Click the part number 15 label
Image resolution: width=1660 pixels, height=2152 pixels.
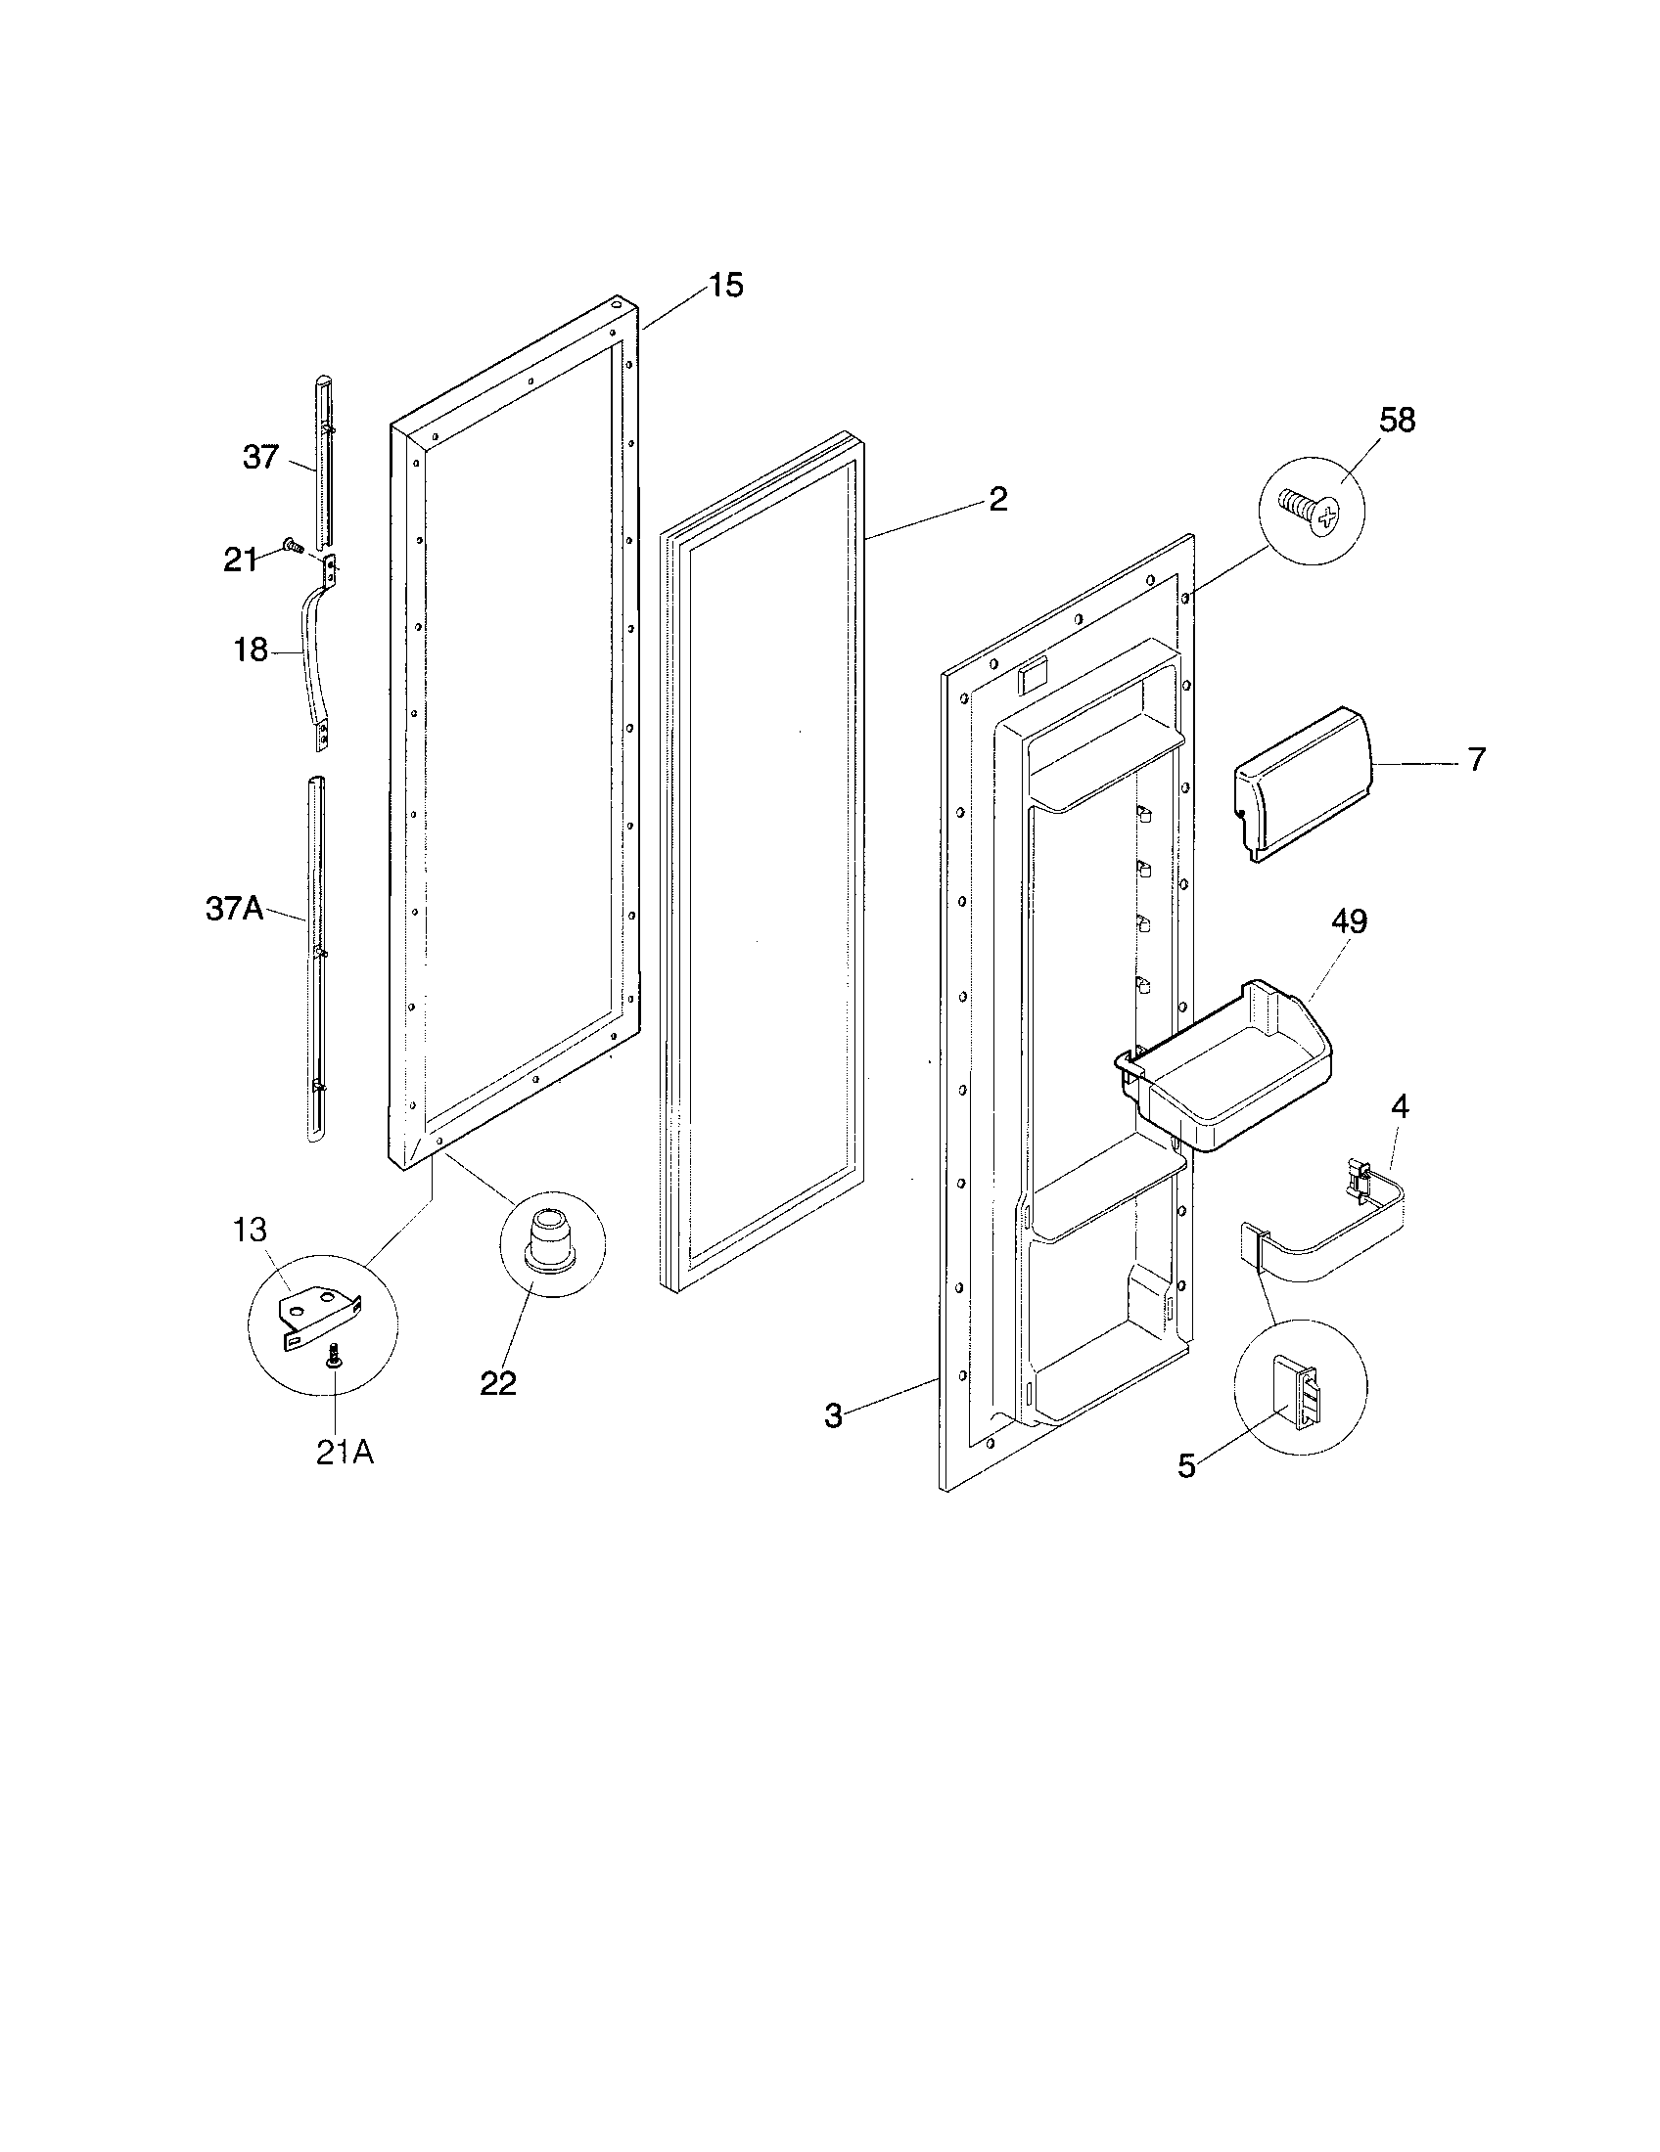click(724, 286)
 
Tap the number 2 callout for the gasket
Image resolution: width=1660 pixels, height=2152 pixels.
click(997, 500)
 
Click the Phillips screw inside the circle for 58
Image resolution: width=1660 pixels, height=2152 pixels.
click(1312, 513)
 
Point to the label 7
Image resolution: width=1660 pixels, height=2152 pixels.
click(1476, 760)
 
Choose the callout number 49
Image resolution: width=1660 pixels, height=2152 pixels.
click(1349, 921)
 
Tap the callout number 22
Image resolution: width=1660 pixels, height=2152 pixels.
click(498, 1383)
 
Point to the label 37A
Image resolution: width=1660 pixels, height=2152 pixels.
click(234, 909)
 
